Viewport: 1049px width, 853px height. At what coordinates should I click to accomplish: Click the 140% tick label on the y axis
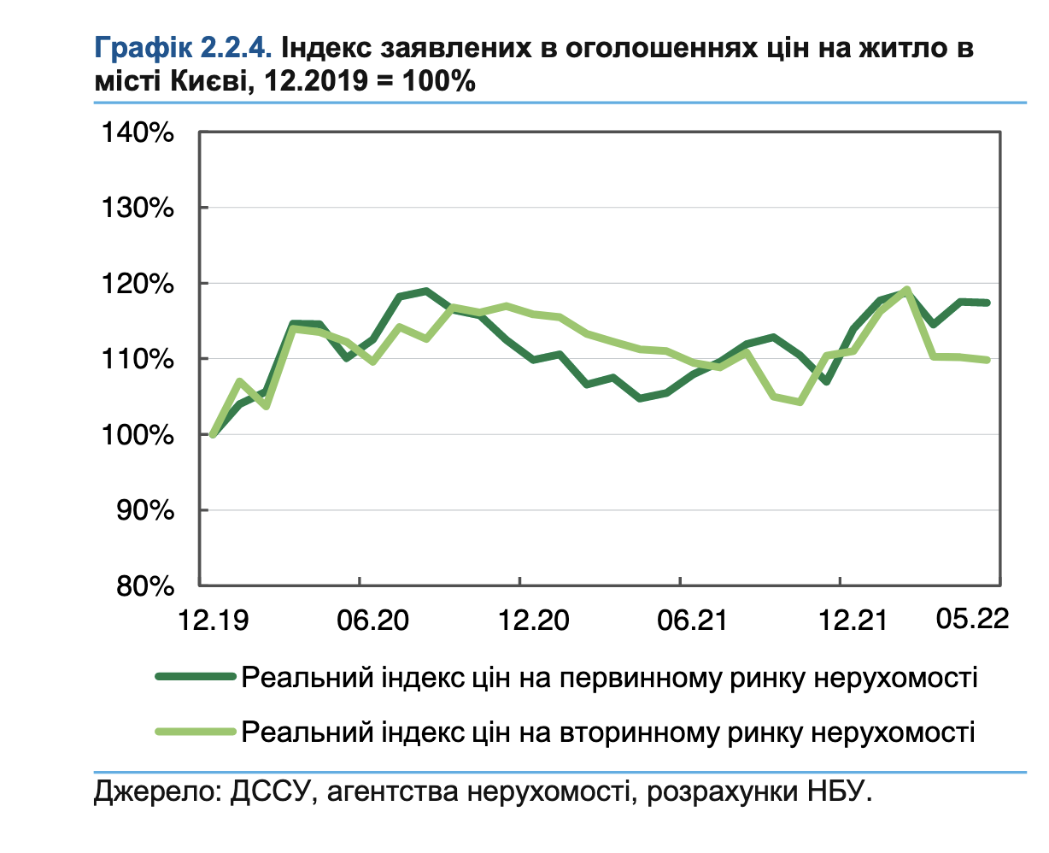point(138,133)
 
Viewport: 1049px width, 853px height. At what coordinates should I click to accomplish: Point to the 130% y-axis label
point(138,209)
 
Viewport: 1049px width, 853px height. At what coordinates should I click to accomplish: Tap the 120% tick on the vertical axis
point(138,284)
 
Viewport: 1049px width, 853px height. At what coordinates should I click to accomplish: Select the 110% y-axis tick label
point(138,359)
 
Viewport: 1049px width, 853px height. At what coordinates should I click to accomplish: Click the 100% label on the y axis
point(138,435)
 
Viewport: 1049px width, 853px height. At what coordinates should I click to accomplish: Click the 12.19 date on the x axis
point(213,620)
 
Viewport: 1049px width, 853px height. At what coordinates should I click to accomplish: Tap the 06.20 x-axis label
point(372,620)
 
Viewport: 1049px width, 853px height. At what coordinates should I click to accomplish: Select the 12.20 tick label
point(533,620)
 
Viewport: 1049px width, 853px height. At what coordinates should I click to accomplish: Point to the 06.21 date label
point(693,620)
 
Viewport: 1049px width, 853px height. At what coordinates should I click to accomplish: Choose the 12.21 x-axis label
point(853,620)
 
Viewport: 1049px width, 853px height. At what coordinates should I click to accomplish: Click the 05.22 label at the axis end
point(972,618)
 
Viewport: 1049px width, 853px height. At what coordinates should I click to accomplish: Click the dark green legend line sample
point(195,677)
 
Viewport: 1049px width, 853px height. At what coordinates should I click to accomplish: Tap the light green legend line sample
point(195,732)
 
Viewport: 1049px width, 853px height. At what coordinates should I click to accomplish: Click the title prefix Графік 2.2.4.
point(183,48)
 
